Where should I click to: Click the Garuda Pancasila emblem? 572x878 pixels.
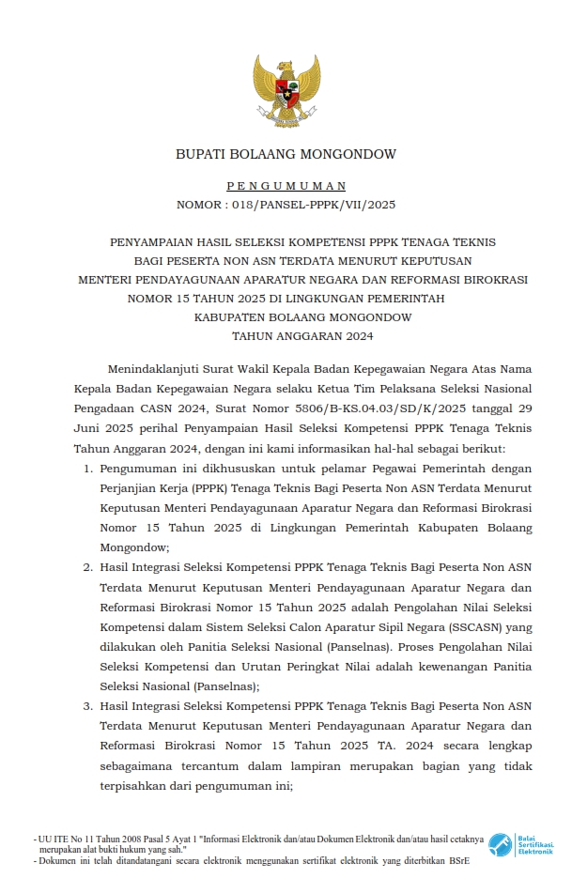(286, 90)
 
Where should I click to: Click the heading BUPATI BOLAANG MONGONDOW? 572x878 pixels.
(286, 154)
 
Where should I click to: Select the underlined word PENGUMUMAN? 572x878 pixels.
(286, 187)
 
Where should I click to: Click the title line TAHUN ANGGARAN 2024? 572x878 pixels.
(286, 335)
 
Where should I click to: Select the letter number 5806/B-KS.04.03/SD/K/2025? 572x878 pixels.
(365, 408)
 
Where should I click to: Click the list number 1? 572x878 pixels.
(87, 468)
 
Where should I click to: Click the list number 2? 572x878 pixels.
(87, 567)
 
